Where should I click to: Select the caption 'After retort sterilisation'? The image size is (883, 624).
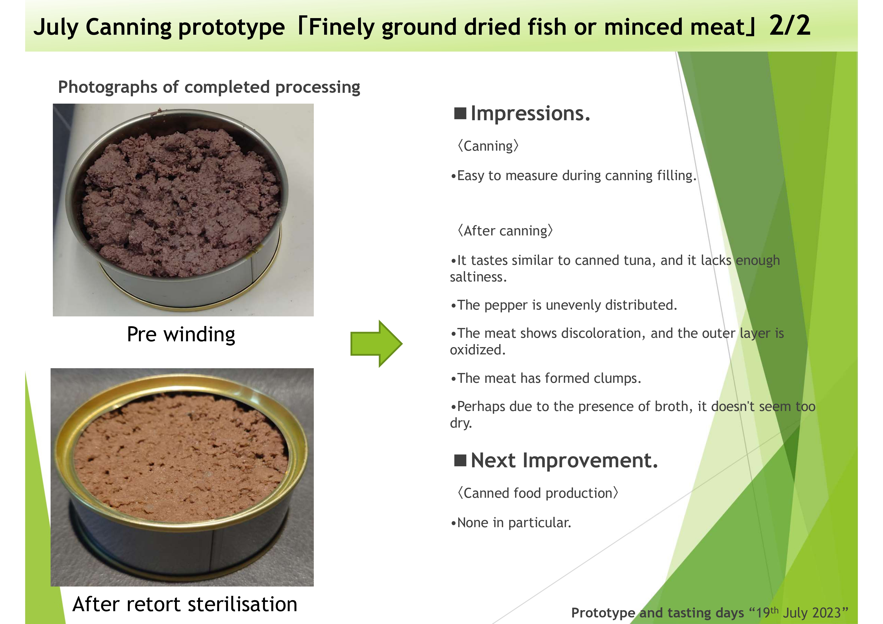coord(185,604)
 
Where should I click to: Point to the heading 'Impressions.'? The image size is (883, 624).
coord(530,113)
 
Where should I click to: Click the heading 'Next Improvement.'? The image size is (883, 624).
coord(564,460)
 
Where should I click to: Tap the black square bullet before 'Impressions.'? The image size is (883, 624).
coord(460,113)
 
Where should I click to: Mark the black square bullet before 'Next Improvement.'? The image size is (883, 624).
coord(460,460)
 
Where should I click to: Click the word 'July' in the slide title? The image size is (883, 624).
coord(56,27)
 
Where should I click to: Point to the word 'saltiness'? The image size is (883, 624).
coord(478,277)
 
